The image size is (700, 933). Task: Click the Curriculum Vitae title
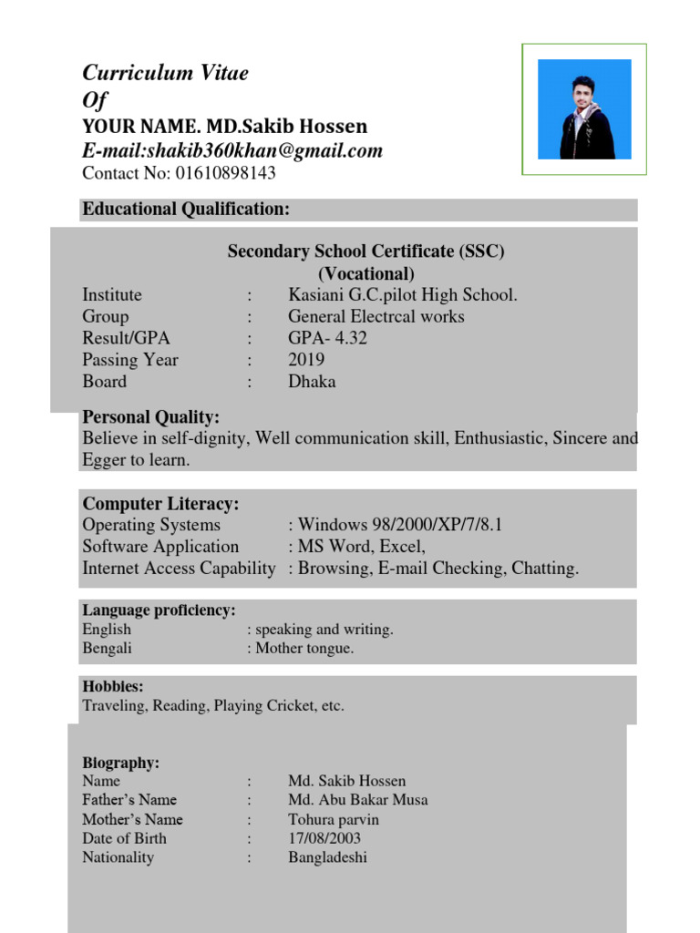click(x=165, y=74)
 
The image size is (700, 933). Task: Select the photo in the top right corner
click(x=584, y=108)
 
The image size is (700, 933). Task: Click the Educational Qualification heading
click(x=186, y=210)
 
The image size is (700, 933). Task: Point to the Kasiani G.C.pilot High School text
click(x=403, y=295)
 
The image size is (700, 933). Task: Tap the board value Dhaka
click(x=312, y=382)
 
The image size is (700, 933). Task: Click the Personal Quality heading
click(x=151, y=417)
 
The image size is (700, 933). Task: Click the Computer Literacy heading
click(x=161, y=504)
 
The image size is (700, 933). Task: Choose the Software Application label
click(x=160, y=547)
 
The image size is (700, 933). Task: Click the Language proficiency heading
click(x=160, y=610)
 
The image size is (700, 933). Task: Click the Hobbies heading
click(x=113, y=687)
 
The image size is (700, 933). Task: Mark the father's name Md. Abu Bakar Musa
click(x=357, y=800)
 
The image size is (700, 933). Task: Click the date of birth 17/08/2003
click(x=324, y=838)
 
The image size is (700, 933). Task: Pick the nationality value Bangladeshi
click(x=328, y=857)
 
